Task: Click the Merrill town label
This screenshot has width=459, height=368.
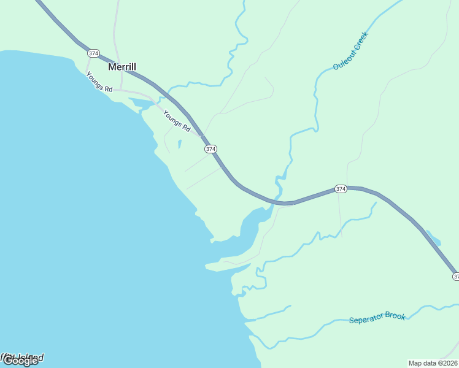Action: point(122,67)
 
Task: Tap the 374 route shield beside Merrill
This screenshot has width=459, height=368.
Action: point(93,53)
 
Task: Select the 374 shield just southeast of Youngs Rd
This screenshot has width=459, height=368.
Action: point(211,149)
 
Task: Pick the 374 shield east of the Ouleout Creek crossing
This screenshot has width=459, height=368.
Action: point(341,189)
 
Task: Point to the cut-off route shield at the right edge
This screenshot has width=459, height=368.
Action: point(455,277)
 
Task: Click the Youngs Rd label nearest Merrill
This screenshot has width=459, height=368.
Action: point(99,83)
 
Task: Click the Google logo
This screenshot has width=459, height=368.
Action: point(20,361)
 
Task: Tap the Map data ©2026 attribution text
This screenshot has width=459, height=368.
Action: point(433,362)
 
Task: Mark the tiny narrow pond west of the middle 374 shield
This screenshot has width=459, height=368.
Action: point(179,145)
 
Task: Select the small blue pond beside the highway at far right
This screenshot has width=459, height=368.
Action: point(433,237)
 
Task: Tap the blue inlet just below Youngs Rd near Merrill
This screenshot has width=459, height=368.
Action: point(142,102)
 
